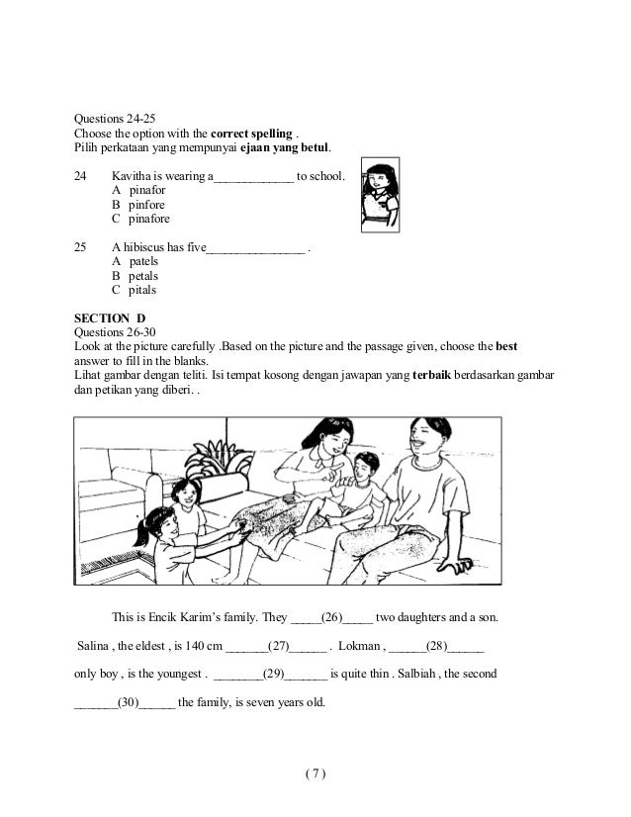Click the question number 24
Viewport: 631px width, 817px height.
click(x=81, y=176)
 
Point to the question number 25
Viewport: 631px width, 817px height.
click(x=81, y=247)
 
